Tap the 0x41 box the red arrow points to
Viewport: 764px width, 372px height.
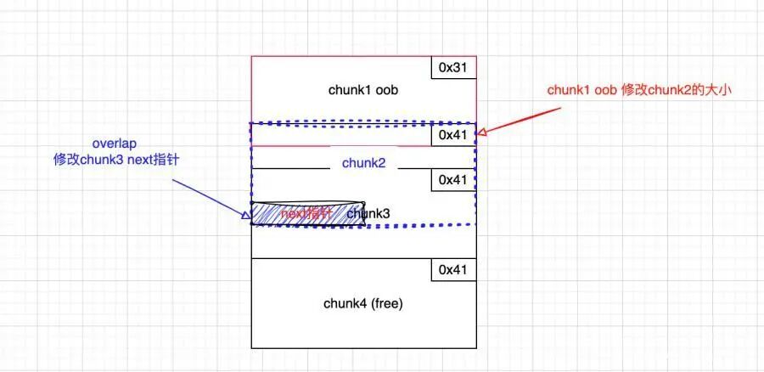(453, 134)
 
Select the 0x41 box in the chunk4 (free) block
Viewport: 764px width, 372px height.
(453, 269)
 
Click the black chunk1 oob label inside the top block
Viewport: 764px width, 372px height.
(363, 90)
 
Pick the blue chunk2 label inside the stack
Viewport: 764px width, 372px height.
(364, 162)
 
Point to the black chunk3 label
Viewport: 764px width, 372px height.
(368, 214)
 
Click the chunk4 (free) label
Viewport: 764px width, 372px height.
(363, 303)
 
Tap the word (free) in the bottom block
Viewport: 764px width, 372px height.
(384, 303)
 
